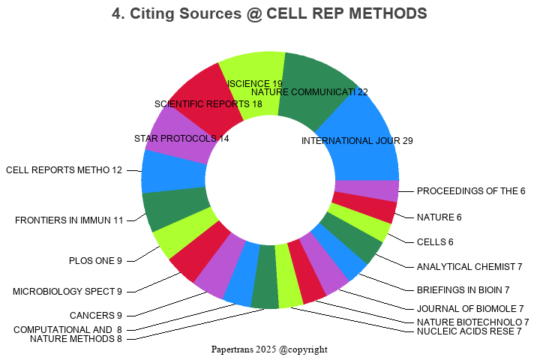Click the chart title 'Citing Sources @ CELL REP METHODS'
coord(269,13)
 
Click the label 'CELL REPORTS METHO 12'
coord(64,170)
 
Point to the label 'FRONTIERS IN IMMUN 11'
coord(69,220)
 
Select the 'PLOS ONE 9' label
coord(95,261)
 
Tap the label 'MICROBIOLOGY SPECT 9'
coord(67,291)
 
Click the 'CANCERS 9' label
coord(95,316)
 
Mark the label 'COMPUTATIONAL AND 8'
coord(67,329)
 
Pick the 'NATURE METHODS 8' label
coord(76,339)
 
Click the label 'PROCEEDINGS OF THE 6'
coord(471,191)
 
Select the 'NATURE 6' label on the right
coord(439,217)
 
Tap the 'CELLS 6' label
coord(435,242)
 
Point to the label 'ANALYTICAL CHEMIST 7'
coord(469,267)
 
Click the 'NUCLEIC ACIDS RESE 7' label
coord(469,331)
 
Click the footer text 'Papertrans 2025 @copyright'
coord(269,349)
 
